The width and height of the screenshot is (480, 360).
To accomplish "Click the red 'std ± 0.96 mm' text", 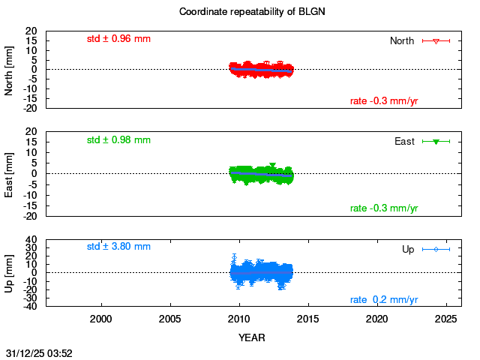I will (118, 38).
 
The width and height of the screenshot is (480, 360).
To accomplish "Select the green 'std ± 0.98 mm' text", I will (118, 139).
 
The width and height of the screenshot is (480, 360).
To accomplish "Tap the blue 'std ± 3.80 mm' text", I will (118, 246).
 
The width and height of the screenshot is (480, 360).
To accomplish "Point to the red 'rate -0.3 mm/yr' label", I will (384, 101).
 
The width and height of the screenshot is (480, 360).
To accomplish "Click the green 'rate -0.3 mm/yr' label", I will (384, 208).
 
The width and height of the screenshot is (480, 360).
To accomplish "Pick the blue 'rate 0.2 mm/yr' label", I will (384, 300).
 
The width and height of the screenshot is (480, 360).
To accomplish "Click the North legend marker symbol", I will (436, 40).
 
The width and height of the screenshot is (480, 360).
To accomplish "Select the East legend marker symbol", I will (436, 141).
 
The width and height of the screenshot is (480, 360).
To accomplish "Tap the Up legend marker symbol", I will (436, 249).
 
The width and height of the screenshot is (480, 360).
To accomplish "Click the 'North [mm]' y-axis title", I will (10, 69).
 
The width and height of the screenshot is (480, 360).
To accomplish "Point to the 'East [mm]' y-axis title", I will (10, 173).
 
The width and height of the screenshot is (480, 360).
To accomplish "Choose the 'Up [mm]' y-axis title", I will (10, 272).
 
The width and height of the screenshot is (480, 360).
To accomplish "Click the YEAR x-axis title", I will (252, 337).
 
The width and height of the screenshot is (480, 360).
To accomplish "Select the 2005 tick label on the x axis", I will (170, 319).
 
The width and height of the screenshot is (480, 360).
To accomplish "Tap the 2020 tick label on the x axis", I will (377, 319).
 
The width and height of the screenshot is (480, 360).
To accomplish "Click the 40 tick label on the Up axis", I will (31, 241).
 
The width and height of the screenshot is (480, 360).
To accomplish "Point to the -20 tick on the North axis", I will (30, 108).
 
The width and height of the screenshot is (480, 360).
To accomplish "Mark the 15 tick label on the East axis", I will (31, 142).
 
